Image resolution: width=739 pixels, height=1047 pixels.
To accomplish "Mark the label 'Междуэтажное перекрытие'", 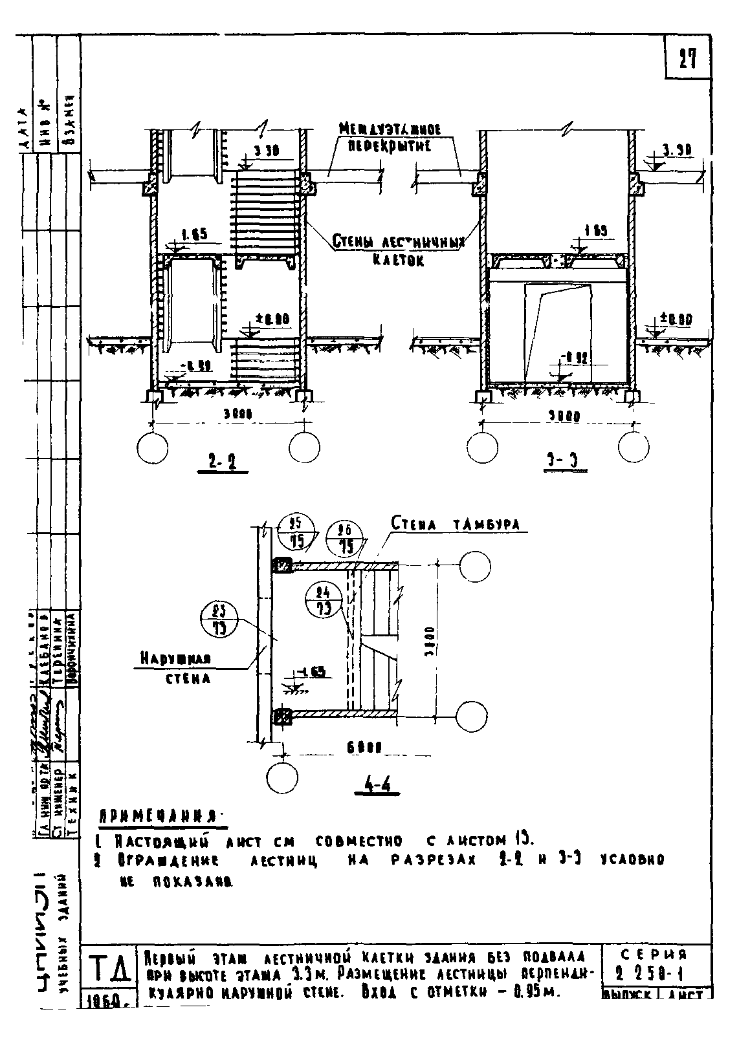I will coord(390,138).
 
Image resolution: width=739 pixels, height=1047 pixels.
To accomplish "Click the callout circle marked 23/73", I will coord(219,620).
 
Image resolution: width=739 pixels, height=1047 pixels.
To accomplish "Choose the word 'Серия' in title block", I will coord(654,955).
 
